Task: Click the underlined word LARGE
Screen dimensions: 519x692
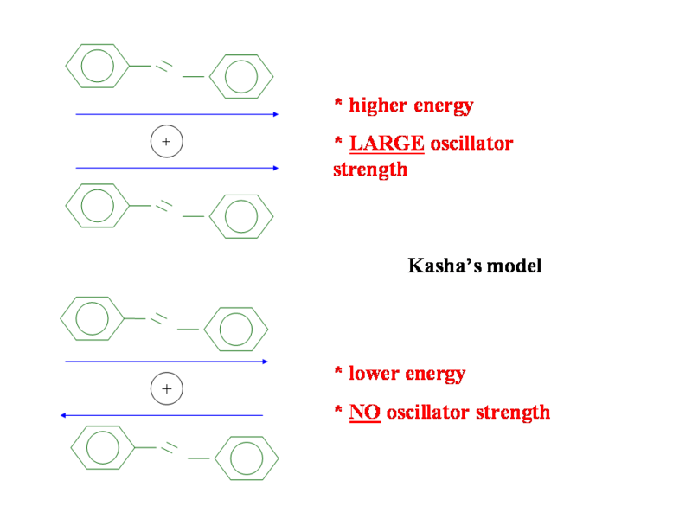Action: click(x=387, y=144)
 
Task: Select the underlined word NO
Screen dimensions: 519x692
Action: click(x=364, y=412)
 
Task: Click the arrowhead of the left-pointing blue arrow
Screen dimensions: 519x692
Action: click(x=64, y=416)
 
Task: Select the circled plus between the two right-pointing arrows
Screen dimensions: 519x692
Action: click(x=166, y=141)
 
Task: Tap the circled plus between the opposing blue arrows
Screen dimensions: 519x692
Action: click(x=166, y=389)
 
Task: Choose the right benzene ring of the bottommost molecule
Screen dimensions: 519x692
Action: click(x=247, y=458)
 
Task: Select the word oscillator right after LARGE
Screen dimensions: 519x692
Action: click(x=471, y=144)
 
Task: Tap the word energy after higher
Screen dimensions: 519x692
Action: click(x=443, y=106)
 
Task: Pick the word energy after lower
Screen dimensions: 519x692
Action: click(x=435, y=374)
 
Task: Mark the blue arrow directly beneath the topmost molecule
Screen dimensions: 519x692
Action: click(x=176, y=114)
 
